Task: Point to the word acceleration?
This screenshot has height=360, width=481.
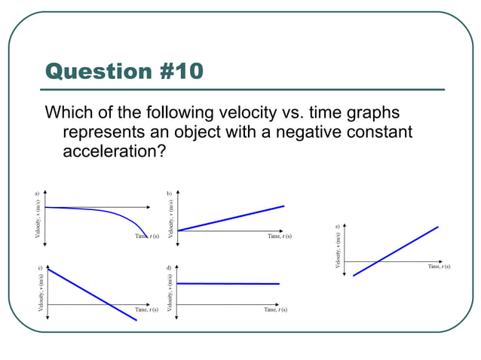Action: (x=115, y=151)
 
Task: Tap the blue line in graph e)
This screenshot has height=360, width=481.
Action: (x=396, y=251)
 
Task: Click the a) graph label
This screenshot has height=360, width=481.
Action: (x=36, y=194)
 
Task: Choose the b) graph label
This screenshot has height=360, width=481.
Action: (x=169, y=194)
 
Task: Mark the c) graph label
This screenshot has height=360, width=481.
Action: (x=39, y=267)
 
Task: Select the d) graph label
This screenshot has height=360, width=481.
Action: (x=169, y=267)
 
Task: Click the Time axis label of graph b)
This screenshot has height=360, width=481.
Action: (x=279, y=236)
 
